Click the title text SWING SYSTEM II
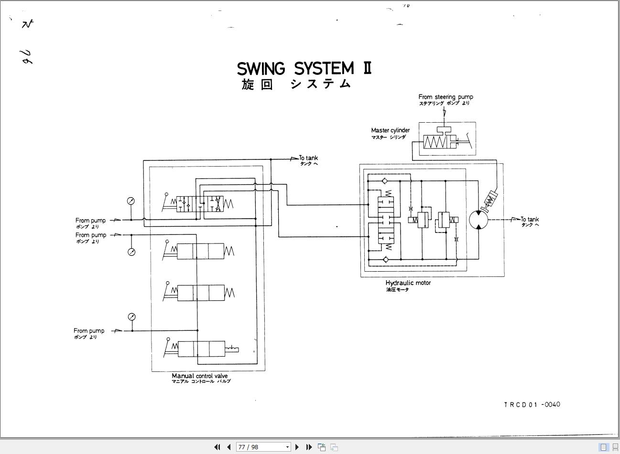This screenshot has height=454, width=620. coord(304,68)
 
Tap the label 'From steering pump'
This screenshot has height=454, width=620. coord(446,97)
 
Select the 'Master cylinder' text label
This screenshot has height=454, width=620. coord(390,130)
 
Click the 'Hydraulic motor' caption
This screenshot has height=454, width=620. coord(408,283)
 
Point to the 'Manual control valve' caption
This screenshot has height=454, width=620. coord(200,376)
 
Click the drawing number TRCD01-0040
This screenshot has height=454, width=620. coord(532,404)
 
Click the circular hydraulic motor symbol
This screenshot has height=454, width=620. coord(479,220)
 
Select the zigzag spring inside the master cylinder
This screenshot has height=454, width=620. coord(435,142)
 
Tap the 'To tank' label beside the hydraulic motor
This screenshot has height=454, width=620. coord(530,220)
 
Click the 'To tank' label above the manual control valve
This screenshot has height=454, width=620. coord(308,158)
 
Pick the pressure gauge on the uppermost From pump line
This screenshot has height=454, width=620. coord(131,201)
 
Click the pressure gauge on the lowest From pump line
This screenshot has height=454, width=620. coord(132,317)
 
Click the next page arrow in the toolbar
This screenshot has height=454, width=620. coord(297,447)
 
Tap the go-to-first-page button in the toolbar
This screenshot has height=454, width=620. coord(217,447)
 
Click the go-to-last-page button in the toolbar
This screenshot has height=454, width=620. coord(309,447)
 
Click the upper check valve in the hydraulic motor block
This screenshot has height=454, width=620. coord(385,181)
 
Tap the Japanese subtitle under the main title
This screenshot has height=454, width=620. coord(296,84)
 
